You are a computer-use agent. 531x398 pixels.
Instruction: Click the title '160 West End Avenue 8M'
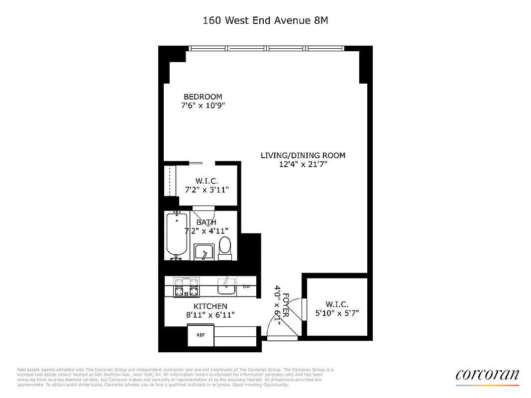265,20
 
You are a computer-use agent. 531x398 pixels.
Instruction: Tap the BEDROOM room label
203,97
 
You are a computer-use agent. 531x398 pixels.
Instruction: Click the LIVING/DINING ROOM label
303,155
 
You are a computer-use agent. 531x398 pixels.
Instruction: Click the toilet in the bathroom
225,247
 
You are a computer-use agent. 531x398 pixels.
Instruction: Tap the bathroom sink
203,253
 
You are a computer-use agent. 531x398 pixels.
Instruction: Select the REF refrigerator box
201,335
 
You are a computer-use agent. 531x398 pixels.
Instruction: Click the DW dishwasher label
246,287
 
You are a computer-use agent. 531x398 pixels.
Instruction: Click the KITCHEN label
210,306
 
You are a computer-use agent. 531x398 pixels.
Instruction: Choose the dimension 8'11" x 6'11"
210,315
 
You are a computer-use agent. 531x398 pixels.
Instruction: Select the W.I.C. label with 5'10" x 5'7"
337,304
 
